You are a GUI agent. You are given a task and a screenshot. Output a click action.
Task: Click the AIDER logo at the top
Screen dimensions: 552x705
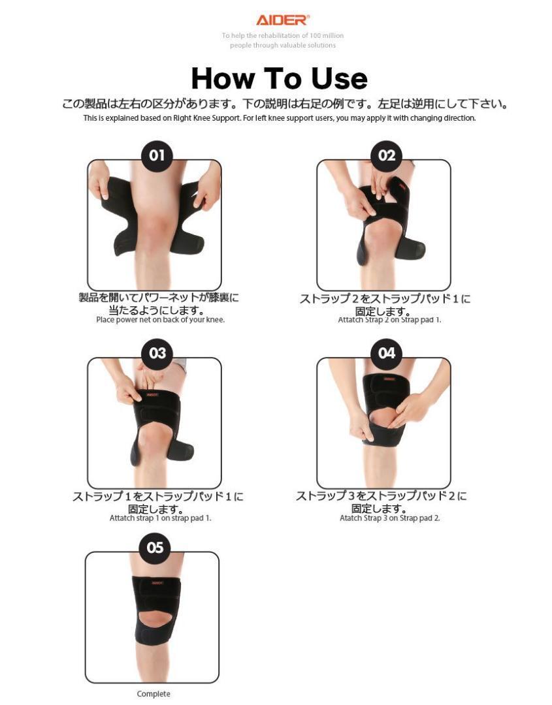coord(282,20)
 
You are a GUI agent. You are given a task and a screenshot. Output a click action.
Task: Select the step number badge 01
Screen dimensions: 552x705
coord(157,155)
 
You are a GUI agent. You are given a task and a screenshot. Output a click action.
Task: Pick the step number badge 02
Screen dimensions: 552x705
coord(387,155)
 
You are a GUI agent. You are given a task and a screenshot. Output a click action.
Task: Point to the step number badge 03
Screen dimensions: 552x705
coord(157,353)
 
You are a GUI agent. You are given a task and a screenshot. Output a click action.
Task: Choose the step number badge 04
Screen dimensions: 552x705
coord(387,353)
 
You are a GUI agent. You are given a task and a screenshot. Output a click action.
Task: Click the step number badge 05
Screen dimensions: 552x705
coord(155,548)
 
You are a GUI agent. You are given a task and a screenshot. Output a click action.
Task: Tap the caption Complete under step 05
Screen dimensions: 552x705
coord(154,694)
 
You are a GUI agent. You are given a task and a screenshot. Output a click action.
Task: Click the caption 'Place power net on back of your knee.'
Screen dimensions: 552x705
coord(160,320)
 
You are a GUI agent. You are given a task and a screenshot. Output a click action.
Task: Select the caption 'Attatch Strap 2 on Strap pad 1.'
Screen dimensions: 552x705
coord(389,320)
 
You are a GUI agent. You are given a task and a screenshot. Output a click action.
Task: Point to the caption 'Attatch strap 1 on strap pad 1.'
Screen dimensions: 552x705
coord(160,518)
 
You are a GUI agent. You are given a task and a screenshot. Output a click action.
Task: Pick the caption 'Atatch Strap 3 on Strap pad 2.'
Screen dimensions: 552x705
coord(389,518)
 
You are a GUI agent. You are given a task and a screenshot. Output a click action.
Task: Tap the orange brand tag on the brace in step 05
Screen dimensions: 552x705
coord(157,583)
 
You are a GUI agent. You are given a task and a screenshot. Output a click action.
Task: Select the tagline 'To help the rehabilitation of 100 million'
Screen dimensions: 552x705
coord(282,35)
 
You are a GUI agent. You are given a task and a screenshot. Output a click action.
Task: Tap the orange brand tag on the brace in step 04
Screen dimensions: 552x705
coord(387,379)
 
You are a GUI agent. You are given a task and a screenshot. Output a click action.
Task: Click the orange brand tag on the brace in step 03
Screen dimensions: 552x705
coord(152,395)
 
